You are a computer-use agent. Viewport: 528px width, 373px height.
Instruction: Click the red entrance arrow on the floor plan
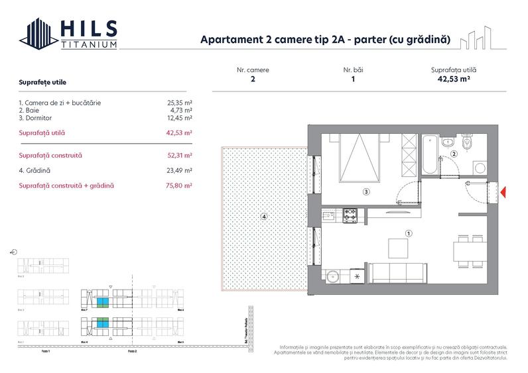(x=503, y=193)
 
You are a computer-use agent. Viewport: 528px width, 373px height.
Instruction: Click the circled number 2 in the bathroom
(x=454, y=154)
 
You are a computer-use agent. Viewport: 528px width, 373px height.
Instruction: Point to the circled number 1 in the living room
(x=409, y=233)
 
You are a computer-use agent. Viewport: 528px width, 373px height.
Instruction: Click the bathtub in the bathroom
(x=430, y=154)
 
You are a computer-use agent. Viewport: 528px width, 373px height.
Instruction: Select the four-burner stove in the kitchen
(x=350, y=215)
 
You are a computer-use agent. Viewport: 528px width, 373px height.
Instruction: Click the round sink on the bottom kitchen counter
(x=332, y=275)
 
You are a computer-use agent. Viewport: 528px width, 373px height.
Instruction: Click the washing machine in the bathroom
(x=480, y=168)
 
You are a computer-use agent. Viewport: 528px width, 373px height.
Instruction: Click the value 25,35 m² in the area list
(x=179, y=103)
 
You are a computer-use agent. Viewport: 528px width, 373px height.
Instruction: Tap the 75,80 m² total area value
(x=179, y=186)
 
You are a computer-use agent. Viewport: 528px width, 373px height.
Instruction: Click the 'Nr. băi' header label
(x=353, y=70)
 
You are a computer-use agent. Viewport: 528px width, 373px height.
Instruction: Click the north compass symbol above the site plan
(x=14, y=252)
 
